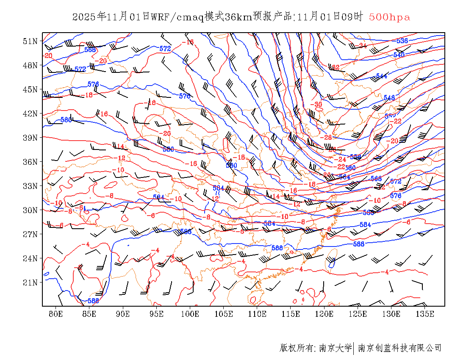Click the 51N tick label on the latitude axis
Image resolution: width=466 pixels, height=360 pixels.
pos(30,41)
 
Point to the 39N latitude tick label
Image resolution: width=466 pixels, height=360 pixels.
pos(30,138)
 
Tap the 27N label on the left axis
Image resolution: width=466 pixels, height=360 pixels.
pos(30,234)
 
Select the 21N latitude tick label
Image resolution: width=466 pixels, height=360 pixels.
pos(30,282)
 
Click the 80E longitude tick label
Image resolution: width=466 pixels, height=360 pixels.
pos(56,314)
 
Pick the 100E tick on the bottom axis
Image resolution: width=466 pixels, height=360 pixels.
pos(190,314)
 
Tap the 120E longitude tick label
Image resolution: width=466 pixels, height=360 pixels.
pos(325,314)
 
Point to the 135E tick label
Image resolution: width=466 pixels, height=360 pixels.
pos(425,314)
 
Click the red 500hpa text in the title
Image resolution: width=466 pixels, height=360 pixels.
pos(389,17)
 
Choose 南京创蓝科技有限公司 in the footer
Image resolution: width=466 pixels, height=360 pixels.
pos(399,348)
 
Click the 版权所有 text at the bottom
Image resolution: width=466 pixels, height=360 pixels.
pos(297,348)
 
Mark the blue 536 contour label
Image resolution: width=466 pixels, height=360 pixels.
pos(402,41)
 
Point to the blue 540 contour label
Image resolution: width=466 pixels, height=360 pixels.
pos(399,55)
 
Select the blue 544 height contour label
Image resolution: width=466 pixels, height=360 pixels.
pos(381,76)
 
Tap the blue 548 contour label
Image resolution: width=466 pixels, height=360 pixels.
pos(389,98)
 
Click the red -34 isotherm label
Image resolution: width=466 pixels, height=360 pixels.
pos(362,46)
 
